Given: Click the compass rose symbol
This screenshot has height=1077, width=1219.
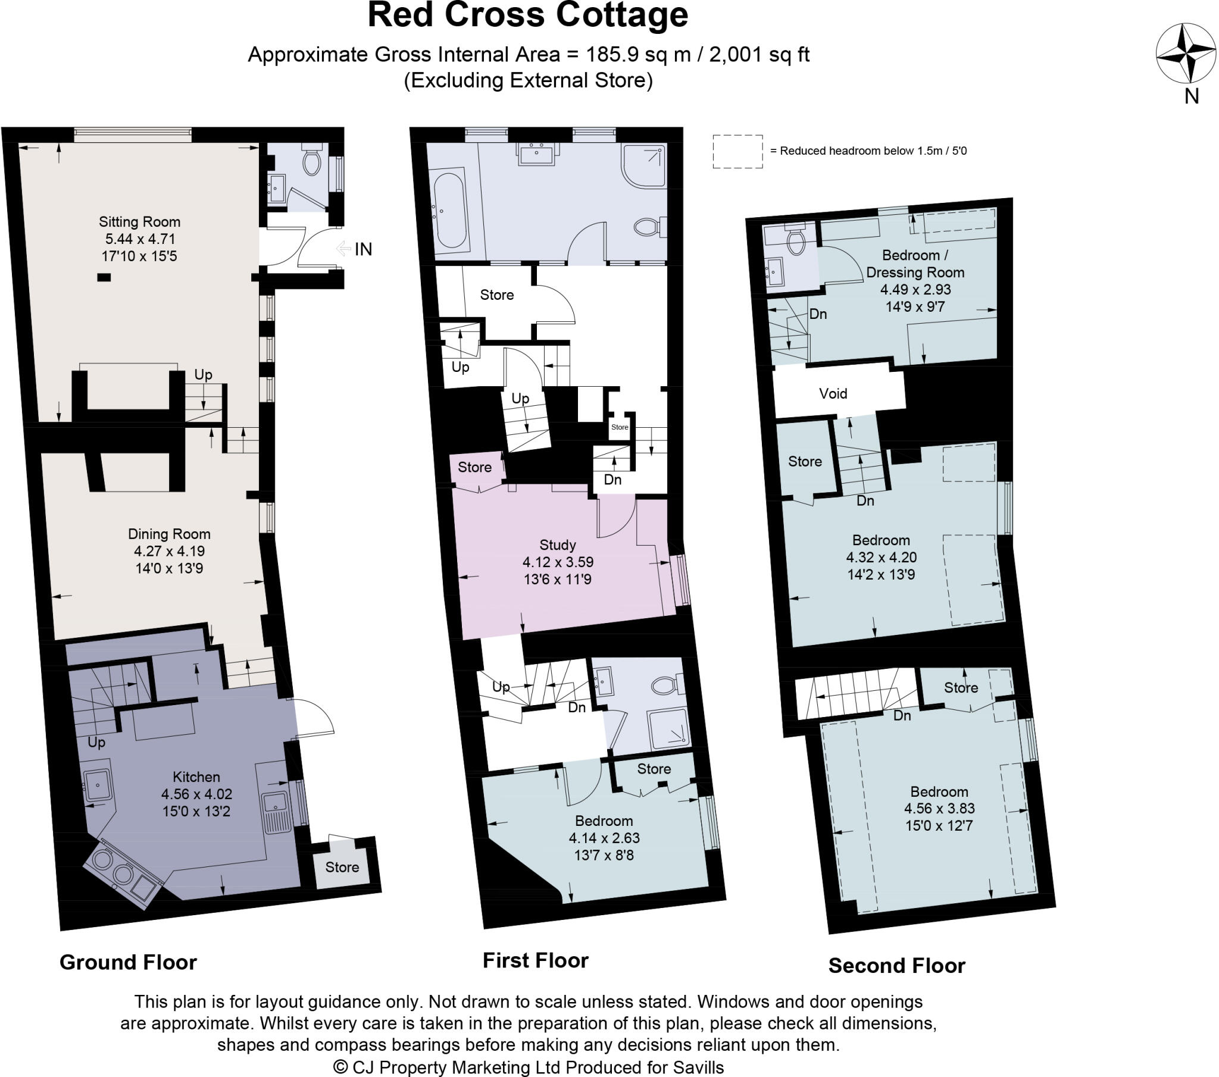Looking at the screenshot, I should [x=1186, y=53].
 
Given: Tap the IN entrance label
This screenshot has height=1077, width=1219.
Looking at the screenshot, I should [x=362, y=249].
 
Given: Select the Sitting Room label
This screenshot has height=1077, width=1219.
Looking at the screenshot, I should [x=139, y=222].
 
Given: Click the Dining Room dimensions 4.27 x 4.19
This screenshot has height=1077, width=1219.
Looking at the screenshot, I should [x=170, y=551].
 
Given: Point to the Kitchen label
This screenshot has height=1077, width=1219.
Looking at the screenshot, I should [x=196, y=777].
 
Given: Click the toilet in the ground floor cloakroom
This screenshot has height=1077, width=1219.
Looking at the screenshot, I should [x=311, y=162].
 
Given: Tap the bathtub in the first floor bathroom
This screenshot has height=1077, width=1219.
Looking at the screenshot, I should [x=449, y=209].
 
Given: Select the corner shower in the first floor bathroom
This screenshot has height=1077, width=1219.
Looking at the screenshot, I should [x=645, y=165].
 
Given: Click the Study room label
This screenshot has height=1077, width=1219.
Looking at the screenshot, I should [x=558, y=544].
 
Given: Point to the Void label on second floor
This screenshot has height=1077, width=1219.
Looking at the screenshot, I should [x=833, y=393].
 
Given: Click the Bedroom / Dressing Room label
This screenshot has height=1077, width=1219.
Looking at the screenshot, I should [x=915, y=264].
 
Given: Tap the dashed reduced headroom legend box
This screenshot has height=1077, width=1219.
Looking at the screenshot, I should [x=737, y=152].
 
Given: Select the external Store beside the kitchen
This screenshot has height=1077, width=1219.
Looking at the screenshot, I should [x=342, y=867].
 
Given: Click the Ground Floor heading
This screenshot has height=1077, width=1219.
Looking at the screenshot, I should [x=128, y=962].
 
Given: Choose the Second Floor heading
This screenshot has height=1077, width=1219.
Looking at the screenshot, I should [x=896, y=965].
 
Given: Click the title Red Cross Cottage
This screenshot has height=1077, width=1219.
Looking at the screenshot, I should [x=528, y=15].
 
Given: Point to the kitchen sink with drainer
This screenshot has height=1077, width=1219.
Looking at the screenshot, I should [x=276, y=812].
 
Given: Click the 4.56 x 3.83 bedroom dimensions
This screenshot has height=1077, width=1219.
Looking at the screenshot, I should [x=939, y=809].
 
